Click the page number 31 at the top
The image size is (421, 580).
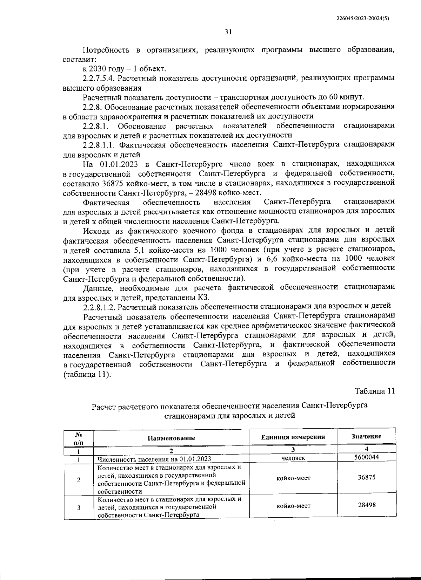228,32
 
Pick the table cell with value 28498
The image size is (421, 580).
366,505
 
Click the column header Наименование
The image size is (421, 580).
171,438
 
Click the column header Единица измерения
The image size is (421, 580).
293,437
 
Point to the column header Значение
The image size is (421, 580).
366,436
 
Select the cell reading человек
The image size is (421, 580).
293,458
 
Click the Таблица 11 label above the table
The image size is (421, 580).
375,391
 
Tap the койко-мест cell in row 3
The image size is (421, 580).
293,505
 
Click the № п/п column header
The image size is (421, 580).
78,438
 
